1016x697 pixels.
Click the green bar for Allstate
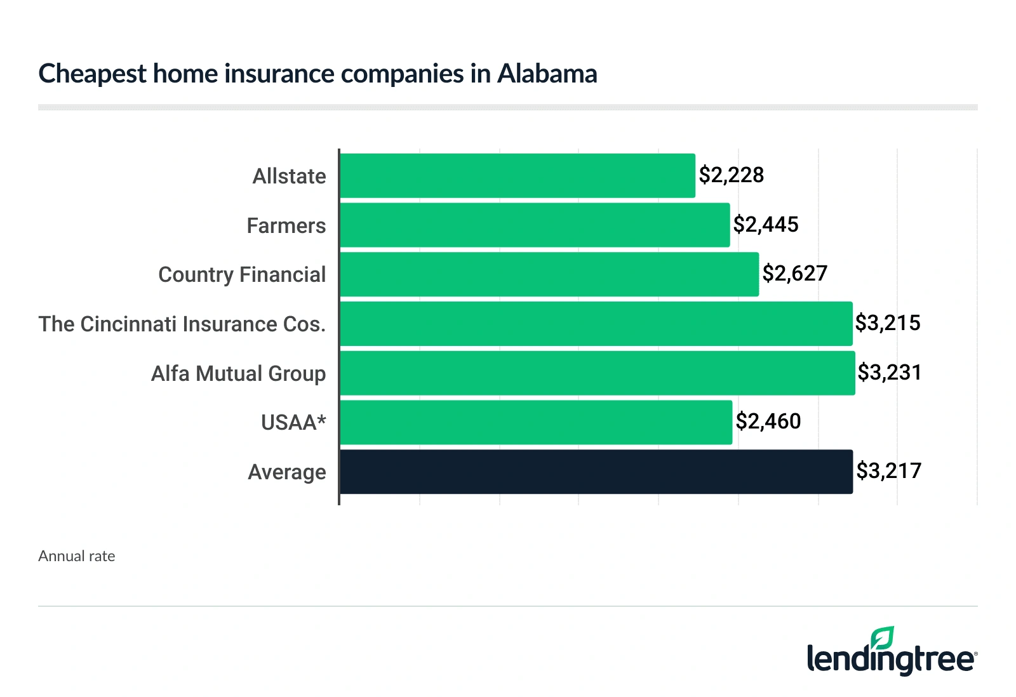click(518, 176)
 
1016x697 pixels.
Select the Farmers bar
click(535, 225)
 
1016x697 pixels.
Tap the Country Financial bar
click(549, 274)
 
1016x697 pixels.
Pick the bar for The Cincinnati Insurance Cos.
click(596, 324)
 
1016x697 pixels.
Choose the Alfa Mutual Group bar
click(598, 373)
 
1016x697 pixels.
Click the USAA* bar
click(536, 422)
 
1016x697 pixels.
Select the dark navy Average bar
click(596, 472)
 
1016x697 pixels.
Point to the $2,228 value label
click(732, 175)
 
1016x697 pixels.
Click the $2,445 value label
click(766, 225)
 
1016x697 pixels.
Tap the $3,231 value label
click(890, 373)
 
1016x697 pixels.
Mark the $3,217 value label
click(888, 471)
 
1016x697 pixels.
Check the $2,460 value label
click(768, 422)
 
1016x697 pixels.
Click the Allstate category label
click(289, 176)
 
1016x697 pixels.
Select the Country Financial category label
click(242, 275)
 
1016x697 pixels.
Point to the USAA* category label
click(293, 423)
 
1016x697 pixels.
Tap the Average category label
click(287, 472)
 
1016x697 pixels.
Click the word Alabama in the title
click(547, 74)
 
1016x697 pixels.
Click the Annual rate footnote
click(77, 556)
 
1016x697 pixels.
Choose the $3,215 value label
click(888, 323)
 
